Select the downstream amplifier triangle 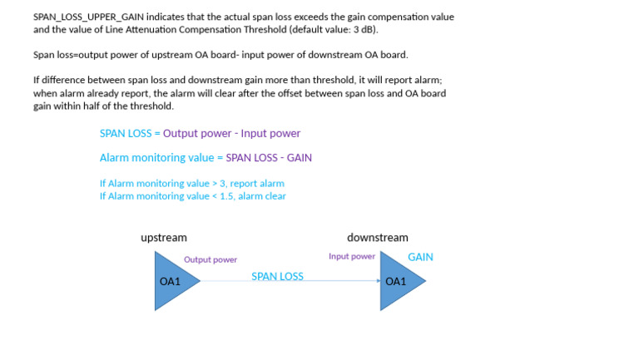[x=400, y=281]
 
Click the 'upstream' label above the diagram [x=163, y=238]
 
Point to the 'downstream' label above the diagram [x=377, y=238]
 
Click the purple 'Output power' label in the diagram [x=211, y=259]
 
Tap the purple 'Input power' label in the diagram [x=352, y=256]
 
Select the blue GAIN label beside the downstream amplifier [x=420, y=257]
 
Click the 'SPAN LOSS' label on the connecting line [x=277, y=276]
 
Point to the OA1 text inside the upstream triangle [x=170, y=282]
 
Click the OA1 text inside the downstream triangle [x=395, y=282]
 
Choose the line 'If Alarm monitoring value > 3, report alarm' [x=191, y=183]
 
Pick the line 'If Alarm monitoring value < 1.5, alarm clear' [x=192, y=196]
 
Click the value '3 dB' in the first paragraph [x=363, y=29]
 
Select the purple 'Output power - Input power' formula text [x=231, y=133]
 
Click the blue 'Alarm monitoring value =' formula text [x=161, y=157]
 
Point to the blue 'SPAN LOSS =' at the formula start [x=130, y=133]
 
